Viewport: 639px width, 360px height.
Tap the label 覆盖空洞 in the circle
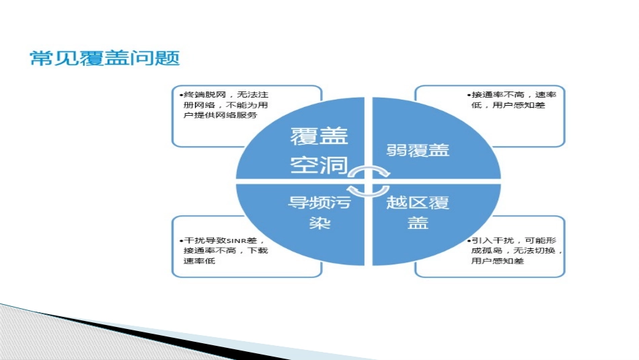[x=319, y=151]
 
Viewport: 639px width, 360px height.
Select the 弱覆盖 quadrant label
[x=418, y=149]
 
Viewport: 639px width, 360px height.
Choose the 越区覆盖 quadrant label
[x=418, y=211]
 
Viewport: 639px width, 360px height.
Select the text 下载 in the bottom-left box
[x=259, y=250]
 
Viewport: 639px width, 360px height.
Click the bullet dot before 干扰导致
[x=180, y=241]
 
